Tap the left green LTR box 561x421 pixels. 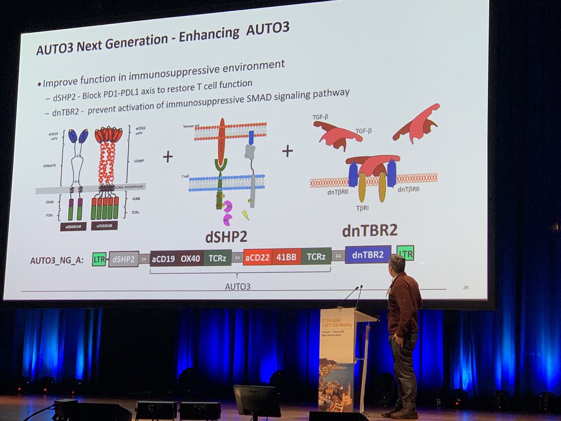[x=99, y=259]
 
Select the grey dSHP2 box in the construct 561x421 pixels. [x=123, y=259]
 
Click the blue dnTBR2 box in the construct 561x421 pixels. [x=368, y=254]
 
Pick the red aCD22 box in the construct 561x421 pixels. [x=258, y=257]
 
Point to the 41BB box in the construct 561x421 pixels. [x=287, y=257]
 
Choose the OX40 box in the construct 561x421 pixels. [x=190, y=258]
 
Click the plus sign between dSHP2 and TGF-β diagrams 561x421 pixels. [x=288, y=151]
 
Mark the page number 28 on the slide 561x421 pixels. [x=465, y=287]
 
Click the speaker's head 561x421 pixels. [x=397, y=265]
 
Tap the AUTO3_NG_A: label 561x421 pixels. [x=57, y=260]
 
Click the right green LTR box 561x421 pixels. [x=405, y=253]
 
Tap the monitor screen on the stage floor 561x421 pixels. [x=257, y=400]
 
